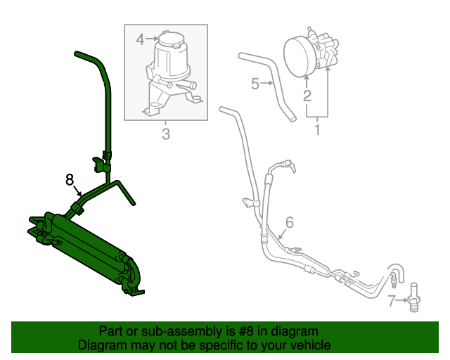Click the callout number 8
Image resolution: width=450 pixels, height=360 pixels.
point(70,180)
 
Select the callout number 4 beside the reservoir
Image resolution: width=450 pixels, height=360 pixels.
point(140,39)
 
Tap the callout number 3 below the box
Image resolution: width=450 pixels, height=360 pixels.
point(166,134)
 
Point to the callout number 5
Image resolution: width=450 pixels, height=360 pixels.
point(255,84)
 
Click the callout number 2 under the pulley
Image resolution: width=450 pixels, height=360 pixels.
point(307,96)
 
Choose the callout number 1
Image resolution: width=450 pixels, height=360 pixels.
point(317,130)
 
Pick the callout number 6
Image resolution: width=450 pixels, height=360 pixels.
point(288,224)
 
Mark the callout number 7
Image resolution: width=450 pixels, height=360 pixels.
point(392,302)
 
